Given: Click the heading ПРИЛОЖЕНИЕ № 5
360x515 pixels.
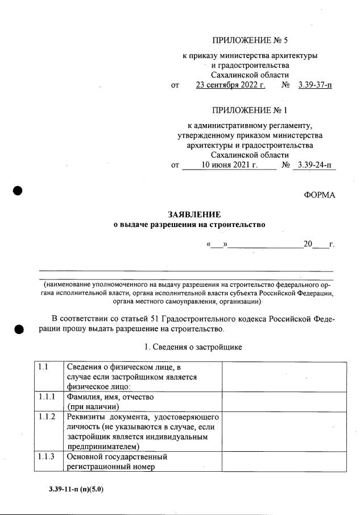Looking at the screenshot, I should [250, 40].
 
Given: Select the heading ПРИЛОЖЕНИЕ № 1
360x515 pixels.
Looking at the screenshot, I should [250, 110].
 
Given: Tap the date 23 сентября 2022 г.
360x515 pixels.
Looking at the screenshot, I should [230, 85].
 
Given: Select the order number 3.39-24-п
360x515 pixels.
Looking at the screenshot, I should [315, 165].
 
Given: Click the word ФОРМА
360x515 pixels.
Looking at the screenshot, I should [320, 195].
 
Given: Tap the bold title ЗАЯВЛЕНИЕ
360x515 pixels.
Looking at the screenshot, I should [193, 215].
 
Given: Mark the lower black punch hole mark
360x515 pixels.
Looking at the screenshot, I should [18, 329].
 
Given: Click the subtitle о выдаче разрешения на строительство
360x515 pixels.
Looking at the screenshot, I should [189, 225].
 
